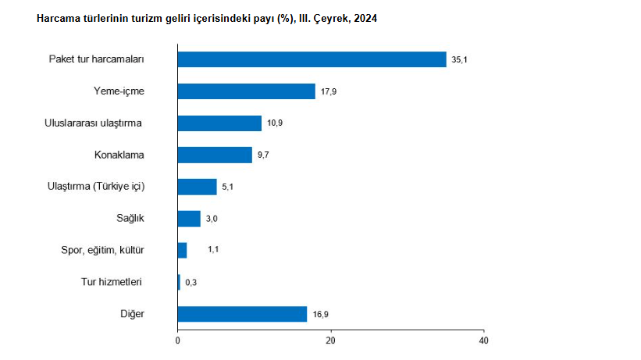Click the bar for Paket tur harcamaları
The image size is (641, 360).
tap(312, 59)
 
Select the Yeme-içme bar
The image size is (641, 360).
tap(246, 91)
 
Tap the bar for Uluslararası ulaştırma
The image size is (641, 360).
tap(219, 123)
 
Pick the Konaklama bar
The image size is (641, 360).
tap(215, 155)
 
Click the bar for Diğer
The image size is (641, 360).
tap(242, 314)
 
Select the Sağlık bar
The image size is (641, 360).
tap(189, 219)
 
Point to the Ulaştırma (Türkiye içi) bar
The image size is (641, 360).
tap(197, 187)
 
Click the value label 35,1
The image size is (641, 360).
tap(459, 60)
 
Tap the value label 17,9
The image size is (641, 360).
tap(328, 92)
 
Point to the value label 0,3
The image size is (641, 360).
tap(191, 283)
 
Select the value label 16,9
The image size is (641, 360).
tap(320, 315)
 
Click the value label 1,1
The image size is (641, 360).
tap(213, 251)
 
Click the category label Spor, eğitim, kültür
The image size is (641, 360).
tap(102, 250)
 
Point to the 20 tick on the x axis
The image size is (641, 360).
tap(331, 341)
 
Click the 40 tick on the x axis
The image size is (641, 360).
tap(484, 341)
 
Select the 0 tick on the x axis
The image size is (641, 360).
tap(178, 341)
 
